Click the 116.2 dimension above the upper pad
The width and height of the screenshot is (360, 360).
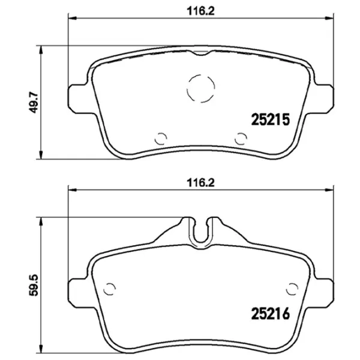point(200,11)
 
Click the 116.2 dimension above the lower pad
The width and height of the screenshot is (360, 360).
point(200,183)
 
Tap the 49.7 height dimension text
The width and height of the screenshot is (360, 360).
point(33,103)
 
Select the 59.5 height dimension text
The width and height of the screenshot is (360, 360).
point(33,286)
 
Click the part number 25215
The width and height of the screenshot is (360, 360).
point(271,119)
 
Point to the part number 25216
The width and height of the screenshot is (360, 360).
point(271,314)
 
